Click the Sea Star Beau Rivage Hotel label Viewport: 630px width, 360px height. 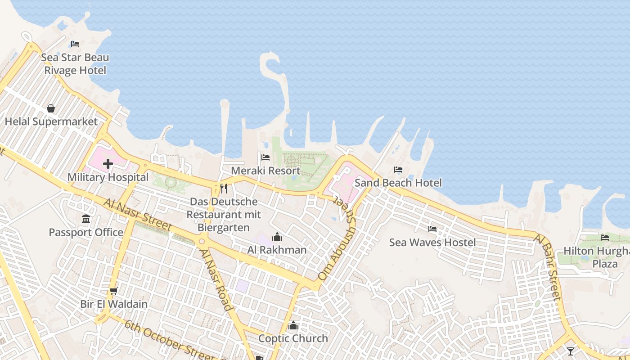coord(75,64)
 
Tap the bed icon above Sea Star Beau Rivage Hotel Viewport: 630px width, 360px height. coord(75,44)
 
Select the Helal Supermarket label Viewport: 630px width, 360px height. coord(51,121)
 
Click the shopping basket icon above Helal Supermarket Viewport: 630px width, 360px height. coord(51,108)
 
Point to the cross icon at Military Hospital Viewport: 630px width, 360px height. coord(108,164)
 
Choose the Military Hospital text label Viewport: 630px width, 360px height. coord(108,177)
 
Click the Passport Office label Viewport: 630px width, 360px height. coord(86,232)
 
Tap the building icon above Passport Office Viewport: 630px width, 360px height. coord(86,219)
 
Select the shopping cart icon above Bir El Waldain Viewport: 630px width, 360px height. coord(114,291)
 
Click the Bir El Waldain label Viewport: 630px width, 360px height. coord(114,304)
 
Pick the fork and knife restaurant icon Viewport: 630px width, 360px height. coord(224,188)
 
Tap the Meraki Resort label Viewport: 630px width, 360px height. coord(265,171)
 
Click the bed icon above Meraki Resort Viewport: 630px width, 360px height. coord(265,157)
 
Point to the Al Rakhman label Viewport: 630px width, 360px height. coord(277,250)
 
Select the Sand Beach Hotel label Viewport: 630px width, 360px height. coord(398,183)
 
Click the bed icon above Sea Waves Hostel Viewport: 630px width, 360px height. coord(432,229)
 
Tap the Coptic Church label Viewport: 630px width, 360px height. coord(293,338)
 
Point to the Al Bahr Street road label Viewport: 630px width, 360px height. coord(548,267)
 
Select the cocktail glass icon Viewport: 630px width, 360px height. coord(571,351)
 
